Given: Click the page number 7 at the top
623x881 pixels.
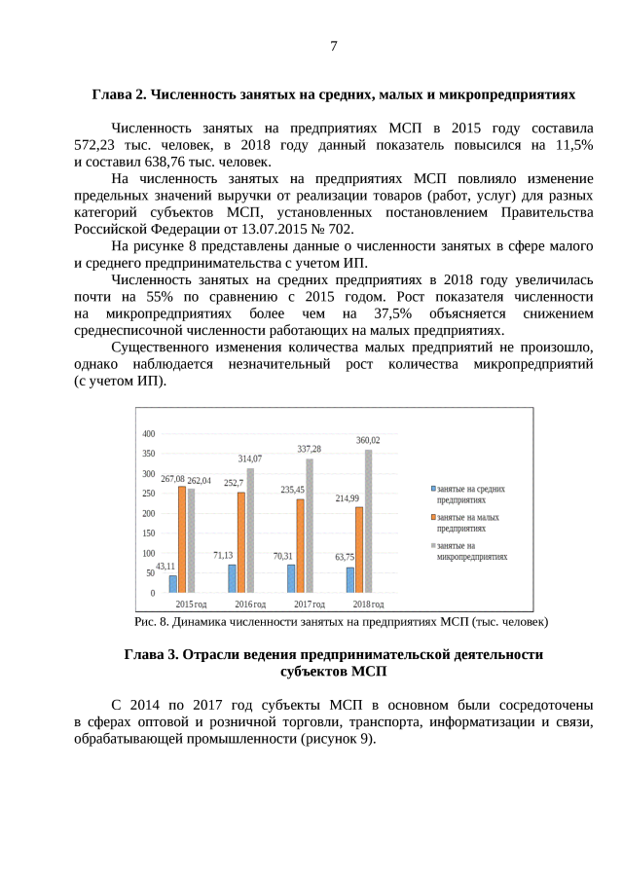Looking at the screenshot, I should click(x=333, y=46).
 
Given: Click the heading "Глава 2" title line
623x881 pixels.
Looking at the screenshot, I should click(x=333, y=95).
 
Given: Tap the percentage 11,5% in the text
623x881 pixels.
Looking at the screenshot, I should click(x=571, y=145).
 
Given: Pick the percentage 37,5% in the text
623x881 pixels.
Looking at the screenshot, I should click(x=392, y=313).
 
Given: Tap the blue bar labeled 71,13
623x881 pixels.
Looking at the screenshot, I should click(x=233, y=577).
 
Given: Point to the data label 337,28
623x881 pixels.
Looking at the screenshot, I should click(x=309, y=449).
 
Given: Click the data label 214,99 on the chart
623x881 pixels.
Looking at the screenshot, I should click(x=348, y=497).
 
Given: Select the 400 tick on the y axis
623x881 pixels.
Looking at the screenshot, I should click(x=148, y=433).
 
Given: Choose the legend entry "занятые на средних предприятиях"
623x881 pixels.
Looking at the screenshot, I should click(x=471, y=494).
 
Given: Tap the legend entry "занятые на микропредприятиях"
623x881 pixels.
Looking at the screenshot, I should click(x=472, y=551).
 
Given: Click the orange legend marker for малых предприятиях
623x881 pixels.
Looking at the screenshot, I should click(x=432, y=518).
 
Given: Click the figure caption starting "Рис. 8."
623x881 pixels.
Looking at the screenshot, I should click(x=341, y=621).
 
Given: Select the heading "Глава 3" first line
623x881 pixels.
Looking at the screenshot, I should click(x=333, y=654).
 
